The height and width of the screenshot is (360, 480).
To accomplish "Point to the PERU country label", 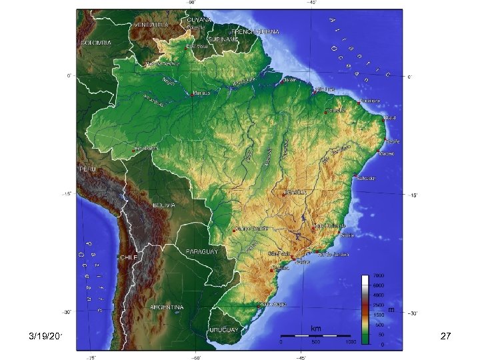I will pos(88,169).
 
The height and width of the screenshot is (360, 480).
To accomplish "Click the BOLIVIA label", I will pos(163,205).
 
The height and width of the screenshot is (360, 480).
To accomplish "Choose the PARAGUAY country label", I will pos(203,251).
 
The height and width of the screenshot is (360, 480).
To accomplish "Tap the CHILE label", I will pos(128,257).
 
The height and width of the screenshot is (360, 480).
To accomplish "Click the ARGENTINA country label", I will pos(167,307).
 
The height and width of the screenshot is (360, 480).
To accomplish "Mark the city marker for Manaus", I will pos(191,94).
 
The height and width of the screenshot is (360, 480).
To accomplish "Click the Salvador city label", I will pos(367,178).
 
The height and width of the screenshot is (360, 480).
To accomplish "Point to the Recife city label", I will pos(393,141).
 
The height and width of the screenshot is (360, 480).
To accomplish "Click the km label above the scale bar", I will pos(315,328).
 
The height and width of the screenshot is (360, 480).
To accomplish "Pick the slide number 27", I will pos(446,338).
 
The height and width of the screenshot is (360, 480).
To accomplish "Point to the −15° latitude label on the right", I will pos(413,195).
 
